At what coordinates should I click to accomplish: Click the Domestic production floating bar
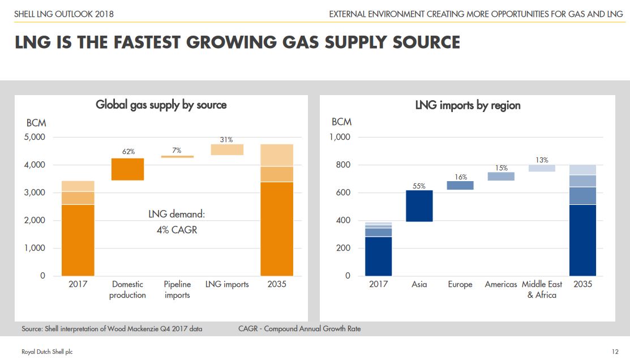click(x=127, y=169)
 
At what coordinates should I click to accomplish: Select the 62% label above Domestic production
click(x=128, y=152)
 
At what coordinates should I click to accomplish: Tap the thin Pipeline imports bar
click(x=177, y=157)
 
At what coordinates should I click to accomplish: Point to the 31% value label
click(x=226, y=139)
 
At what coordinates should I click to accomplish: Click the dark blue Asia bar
click(x=419, y=206)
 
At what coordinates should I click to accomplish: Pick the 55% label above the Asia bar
click(x=419, y=186)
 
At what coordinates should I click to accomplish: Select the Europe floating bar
click(x=460, y=185)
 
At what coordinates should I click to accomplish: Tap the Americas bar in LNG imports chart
click(x=501, y=177)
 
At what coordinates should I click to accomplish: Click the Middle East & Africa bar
click(x=542, y=168)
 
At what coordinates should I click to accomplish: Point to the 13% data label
click(x=542, y=160)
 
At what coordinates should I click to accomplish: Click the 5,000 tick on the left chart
click(x=35, y=137)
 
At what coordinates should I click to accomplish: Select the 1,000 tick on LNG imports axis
click(x=340, y=137)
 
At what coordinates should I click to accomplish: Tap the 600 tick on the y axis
click(x=343, y=192)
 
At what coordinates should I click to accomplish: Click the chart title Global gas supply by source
click(x=161, y=105)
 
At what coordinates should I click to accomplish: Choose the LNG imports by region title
click(x=468, y=105)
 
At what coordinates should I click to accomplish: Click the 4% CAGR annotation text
click(x=177, y=230)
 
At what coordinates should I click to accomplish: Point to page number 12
click(x=615, y=352)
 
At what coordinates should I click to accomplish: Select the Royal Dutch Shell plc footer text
click(x=47, y=352)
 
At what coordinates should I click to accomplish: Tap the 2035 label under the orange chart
click(x=277, y=284)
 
